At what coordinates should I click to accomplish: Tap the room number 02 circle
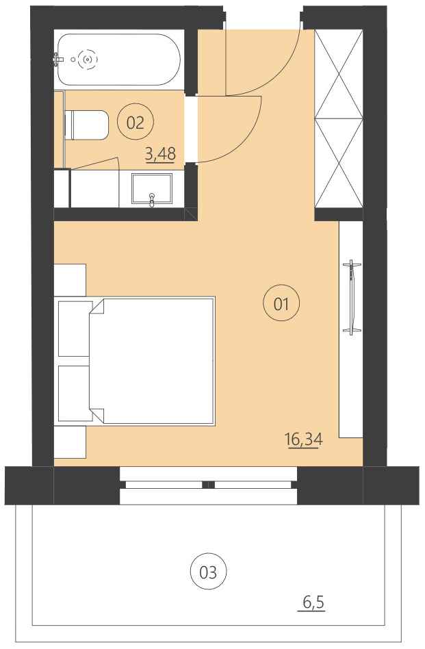pos(136,123)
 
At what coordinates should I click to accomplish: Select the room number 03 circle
pos(208,572)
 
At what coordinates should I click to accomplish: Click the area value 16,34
pos(304,440)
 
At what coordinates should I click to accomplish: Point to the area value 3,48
pos(160,154)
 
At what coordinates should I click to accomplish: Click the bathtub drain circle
pos(88,60)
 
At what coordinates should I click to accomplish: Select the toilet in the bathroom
pos(88,125)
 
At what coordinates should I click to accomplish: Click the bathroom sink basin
pos(153,188)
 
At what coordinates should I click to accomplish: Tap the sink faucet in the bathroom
pos(152,199)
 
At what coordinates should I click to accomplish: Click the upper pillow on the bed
pos(75,329)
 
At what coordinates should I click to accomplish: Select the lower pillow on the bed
pos(75,393)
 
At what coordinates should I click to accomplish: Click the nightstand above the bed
pos(70,280)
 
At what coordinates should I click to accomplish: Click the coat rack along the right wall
pos(352,298)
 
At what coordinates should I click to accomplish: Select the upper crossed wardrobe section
pos(337,74)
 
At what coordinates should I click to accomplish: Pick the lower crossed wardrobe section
pos(337,162)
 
